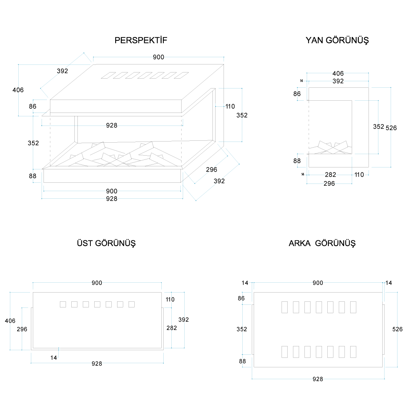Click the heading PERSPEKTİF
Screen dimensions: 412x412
coord(141,40)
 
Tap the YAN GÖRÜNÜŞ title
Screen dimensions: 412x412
coord(337,40)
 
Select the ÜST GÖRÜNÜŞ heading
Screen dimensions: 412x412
coord(106,243)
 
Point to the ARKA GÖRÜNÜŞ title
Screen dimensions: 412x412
coord(322,243)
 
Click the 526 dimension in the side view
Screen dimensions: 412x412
coord(391,128)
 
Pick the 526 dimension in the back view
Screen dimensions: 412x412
coord(397,329)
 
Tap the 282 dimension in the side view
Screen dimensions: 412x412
coord(330,175)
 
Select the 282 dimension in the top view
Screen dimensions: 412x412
coord(172,328)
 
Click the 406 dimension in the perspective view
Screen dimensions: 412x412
coord(18,90)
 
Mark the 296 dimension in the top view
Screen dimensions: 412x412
coord(22,329)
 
